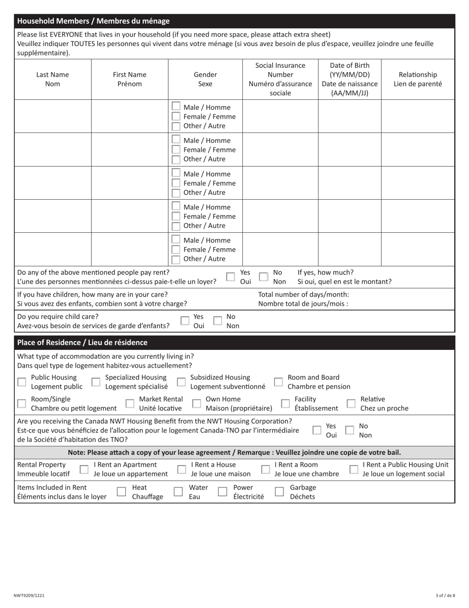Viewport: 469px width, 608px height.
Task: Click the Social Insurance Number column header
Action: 280,79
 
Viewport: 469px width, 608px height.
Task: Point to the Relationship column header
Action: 418,79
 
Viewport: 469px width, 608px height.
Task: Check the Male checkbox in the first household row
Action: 176,107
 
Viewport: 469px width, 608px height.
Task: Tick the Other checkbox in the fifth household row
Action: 176,259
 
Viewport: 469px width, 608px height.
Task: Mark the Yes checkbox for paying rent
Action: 231,277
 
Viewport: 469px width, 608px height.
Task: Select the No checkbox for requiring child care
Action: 217,321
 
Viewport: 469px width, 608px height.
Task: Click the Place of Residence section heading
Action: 82,342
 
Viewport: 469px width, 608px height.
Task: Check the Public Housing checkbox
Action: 22,382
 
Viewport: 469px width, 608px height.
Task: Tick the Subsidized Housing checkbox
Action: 181,382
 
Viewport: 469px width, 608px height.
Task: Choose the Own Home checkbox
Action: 196,404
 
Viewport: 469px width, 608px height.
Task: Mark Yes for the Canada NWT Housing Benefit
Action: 316,431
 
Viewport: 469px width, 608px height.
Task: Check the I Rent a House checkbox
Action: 181,469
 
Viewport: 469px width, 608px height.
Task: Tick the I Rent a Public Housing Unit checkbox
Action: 353,469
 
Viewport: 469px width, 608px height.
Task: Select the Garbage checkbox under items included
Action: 279,492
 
